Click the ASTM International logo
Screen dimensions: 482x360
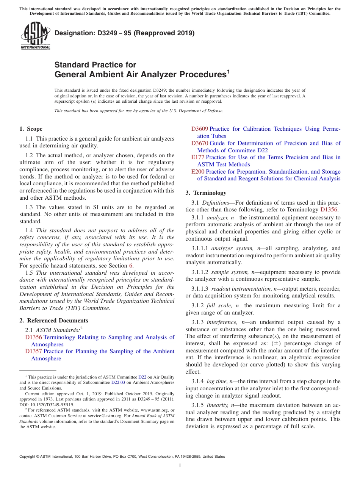[35, 36]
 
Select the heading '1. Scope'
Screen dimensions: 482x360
[31, 129]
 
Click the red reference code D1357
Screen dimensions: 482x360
[33, 351]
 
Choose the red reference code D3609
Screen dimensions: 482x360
[199, 129]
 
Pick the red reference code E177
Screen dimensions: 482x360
[197, 157]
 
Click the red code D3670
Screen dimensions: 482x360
[199, 143]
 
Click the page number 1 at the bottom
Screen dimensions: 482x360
[180, 465]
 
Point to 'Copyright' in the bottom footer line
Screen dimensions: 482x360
[28, 457]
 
